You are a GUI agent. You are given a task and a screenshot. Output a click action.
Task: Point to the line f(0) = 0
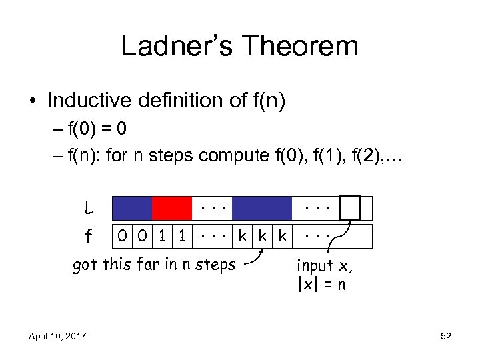pyautogui.click(x=114, y=129)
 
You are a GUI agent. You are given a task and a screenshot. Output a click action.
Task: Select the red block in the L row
pyautogui.click(x=172, y=208)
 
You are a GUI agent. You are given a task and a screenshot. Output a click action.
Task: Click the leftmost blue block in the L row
pyautogui.click(x=133, y=208)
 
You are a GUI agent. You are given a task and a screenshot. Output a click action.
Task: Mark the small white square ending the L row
pyautogui.click(x=350, y=207)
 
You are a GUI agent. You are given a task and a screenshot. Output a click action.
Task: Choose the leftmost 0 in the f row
pyautogui.click(x=122, y=236)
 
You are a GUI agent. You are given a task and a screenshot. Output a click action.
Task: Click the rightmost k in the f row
pyautogui.click(x=283, y=236)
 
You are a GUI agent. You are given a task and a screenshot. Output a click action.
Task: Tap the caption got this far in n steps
pyautogui.click(x=153, y=265)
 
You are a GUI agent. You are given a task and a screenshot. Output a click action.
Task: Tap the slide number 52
pyautogui.click(x=446, y=336)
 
